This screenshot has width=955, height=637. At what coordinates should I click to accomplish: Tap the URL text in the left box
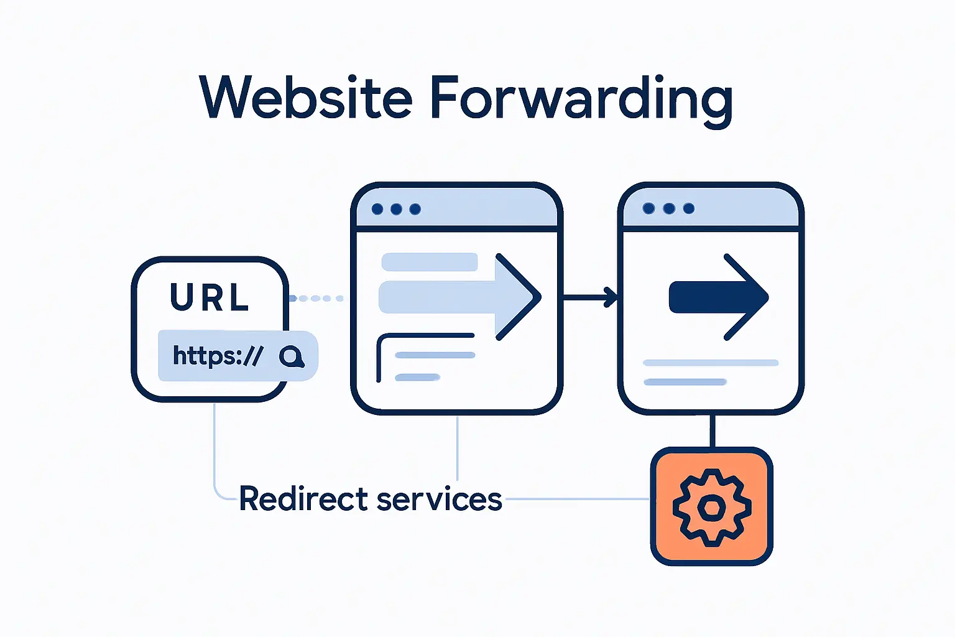[210, 297]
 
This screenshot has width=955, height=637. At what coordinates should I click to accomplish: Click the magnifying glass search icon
[291, 356]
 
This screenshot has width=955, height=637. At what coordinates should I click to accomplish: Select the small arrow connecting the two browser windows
[589, 297]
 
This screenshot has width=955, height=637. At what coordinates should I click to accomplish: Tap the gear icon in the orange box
[711, 506]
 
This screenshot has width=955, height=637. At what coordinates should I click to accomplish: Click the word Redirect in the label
[303, 499]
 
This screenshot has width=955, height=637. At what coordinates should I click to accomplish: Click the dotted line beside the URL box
[317, 299]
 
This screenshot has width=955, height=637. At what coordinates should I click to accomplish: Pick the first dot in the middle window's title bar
[377, 209]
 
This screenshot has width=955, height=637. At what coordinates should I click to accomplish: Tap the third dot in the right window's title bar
[688, 208]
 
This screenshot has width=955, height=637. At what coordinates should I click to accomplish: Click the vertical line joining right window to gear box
[712, 430]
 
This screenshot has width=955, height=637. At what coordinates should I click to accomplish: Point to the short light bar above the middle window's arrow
[429, 262]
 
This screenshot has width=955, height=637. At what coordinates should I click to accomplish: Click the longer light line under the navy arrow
[710, 363]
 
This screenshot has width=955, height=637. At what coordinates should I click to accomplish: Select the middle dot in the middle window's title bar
[396, 209]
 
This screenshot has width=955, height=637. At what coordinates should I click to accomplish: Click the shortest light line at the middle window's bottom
[418, 377]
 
